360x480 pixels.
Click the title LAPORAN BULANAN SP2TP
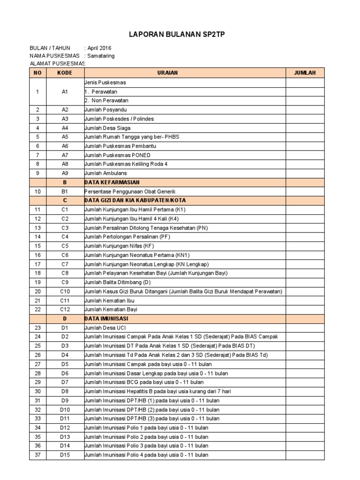pos(180,34)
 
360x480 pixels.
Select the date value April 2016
pos(99,48)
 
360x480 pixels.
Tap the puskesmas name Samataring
pos(101,55)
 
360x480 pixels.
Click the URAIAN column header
pos(185,73)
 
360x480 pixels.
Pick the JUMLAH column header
pos(305,73)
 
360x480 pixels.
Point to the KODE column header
pos(65,73)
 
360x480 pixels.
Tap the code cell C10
pos(65,291)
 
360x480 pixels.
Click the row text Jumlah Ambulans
pos(105,173)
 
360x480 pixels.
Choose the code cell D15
pos(65,455)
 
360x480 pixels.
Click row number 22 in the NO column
pos(38,309)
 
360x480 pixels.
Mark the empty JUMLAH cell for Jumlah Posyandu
pos(305,109)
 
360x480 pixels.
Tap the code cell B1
pos(65,191)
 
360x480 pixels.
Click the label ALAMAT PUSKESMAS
pos(57,63)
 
